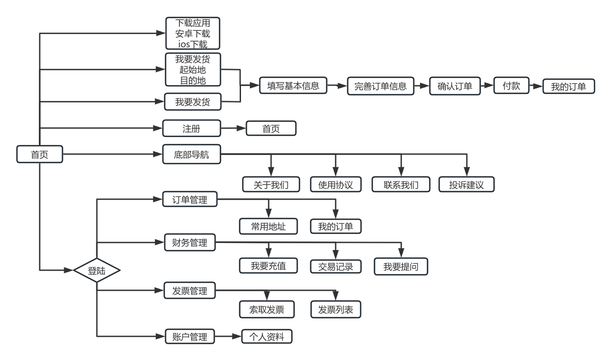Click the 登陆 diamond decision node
pos(97,270)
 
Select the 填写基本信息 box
pos(293,86)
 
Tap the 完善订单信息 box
pos(380,87)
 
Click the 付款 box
pos(511,86)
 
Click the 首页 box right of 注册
pos(271,129)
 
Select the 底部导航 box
pos(191,155)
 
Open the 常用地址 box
pos(268,226)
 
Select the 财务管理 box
pos(190,243)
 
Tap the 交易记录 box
pos(336,267)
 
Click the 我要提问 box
pos(400,267)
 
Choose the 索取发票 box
pos(267,310)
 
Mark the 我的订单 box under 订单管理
pos(336,226)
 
